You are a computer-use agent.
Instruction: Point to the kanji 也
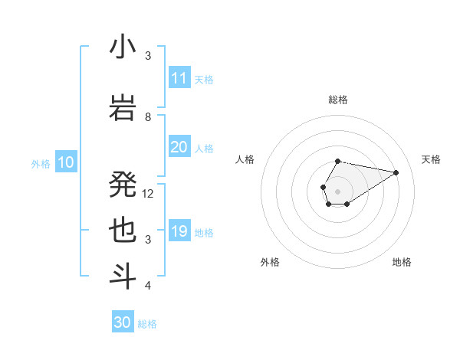[x=123, y=231]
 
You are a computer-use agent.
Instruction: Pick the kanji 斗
[x=123, y=277]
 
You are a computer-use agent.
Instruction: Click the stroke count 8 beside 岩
[x=148, y=116]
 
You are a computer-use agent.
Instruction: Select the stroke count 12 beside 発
[x=149, y=193]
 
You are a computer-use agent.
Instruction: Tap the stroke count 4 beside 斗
[x=148, y=286]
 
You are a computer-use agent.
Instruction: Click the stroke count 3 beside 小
[x=148, y=55]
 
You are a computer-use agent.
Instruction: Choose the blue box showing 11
[x=179, y=78]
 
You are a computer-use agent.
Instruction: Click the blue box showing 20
[x=179, y=147]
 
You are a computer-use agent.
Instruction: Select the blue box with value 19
[x=179, y=231]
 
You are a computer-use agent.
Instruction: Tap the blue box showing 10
[x=65, y=162]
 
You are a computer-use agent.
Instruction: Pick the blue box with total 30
[x=123, y=322]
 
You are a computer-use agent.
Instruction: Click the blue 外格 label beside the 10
[x=41, y=163]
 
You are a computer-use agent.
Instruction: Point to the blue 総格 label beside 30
[x=147, y=324]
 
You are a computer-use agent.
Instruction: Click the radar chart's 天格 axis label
[x=432, y=159]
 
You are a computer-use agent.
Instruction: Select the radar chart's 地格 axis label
[x=402, y=262]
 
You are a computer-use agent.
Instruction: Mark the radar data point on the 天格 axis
[x=396, y=172]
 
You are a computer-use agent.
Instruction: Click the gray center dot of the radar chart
[x=337, y=190]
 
